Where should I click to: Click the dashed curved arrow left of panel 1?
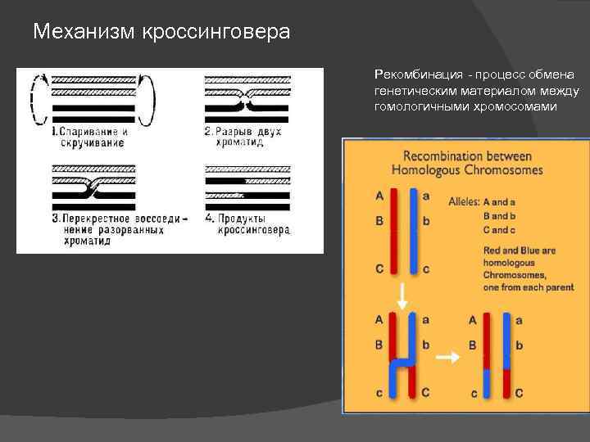[x=34, y=100]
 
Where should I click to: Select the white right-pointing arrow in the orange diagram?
[x=447, y=356]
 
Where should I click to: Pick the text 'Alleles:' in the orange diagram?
[x=464, y=201]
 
